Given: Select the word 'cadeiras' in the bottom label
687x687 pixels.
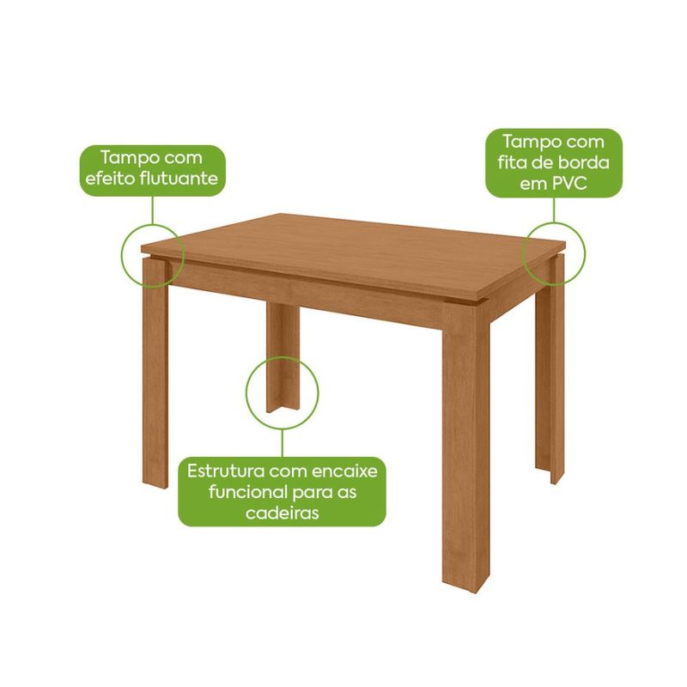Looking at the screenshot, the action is [x=282, y=513].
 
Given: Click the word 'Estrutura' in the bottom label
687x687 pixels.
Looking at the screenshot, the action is [x=226, y=471].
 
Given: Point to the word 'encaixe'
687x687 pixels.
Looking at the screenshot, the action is [x=345, y=471].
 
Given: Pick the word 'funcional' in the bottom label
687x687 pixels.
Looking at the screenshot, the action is [x=246, y=492].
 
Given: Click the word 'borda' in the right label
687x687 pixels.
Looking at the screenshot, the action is [x=585, y=162].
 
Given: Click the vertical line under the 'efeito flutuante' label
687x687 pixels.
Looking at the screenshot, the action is [x=153, y=210].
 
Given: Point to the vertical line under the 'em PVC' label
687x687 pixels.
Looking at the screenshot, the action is [x=554, y=210].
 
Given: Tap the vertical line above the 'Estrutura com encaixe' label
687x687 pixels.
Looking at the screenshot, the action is [x=283, y=443].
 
